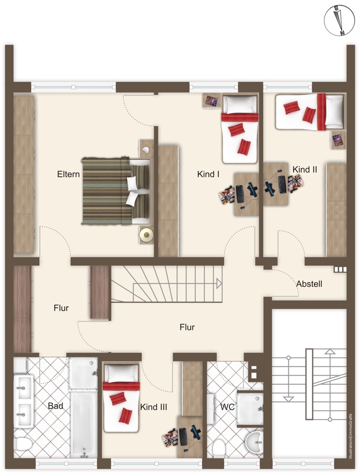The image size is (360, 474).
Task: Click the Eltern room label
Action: coord(68,174)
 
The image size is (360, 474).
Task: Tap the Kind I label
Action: coord(208,174)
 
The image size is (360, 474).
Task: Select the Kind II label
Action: coord(305,169)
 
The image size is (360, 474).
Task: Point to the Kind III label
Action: coord(153,407)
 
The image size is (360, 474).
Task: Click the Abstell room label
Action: coord(309,284)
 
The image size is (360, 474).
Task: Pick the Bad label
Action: coord(55,406)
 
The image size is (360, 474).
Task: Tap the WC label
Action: coord(227,407)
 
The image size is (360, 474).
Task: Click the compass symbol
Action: coord(339,20)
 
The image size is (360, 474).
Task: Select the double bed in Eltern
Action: coord(116,191)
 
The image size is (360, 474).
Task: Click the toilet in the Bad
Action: coord(23,444)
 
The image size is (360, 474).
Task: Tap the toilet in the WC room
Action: coord(219,448)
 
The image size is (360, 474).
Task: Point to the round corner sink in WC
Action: coord(254,443)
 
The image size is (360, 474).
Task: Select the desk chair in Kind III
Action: coord(169,437)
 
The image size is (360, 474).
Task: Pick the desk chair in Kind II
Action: coord(295,183)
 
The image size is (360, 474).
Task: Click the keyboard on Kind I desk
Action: coord(240,194)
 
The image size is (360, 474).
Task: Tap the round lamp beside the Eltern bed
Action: coord(147,234)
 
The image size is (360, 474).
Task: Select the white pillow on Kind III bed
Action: coord(121,374)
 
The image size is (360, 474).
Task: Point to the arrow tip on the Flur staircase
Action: coord(222,284)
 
